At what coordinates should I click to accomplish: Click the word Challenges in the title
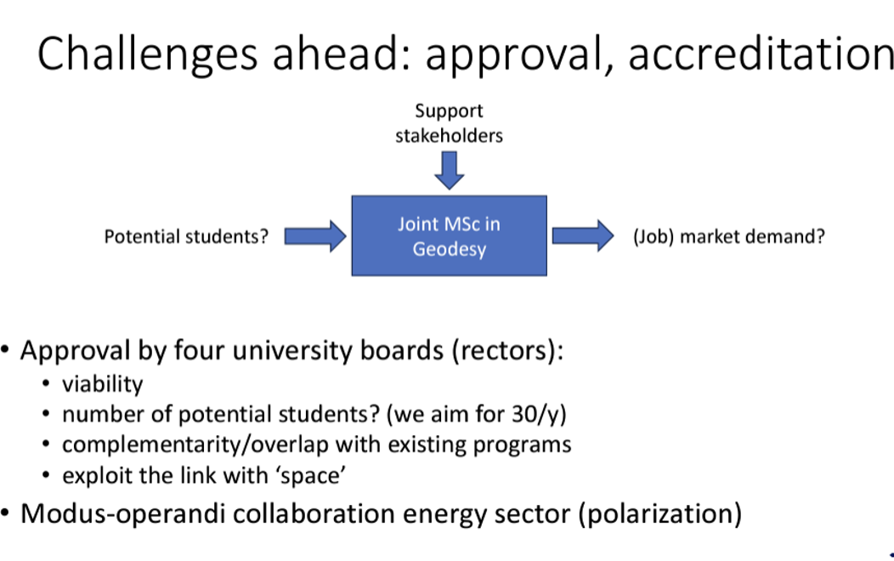pos(148,54)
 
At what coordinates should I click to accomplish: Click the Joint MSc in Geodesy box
pos(450,236)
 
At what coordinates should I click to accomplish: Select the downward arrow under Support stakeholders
pos(450,171)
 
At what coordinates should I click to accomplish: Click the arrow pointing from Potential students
pos(315,236)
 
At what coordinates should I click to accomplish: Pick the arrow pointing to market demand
pos(583,235)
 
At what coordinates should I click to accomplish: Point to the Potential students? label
pos(186,236)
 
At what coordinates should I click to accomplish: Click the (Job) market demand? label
pos(728,236)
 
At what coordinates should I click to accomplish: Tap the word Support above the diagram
pos(449,111)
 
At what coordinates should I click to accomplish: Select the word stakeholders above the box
pos(450,136)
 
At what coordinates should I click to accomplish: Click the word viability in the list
pos(103,384)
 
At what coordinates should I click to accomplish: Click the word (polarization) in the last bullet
pos(660,514)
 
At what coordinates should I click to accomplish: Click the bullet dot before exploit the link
pos(46,475)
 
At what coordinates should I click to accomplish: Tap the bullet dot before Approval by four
pos(5,349)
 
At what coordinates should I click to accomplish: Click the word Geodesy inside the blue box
pos(450,249)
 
